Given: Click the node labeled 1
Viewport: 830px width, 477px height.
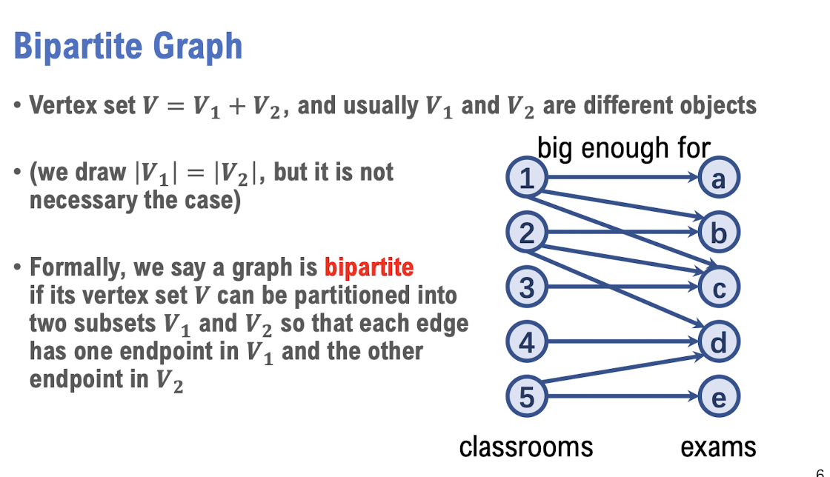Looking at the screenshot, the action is click(x=526, y=177).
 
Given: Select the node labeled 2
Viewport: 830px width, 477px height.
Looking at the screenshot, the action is click(x=526, y=232).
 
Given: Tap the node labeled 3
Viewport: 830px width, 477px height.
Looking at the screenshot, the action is click(x=526, y=287).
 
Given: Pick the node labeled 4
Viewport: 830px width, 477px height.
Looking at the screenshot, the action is click(x=526, y=341).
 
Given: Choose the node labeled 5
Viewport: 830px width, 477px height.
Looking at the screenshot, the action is click(x=526, y=396).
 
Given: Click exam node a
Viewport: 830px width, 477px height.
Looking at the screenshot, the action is click(x=718, y=177).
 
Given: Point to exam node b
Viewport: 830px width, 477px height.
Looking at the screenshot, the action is click(x=718, y=232).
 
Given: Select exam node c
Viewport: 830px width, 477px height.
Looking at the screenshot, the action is click(x=718, y=287).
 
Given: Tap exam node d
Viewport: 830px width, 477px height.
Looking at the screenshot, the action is click(x=718, y=341).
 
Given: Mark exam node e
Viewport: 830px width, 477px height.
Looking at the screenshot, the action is click(x=718, y=396).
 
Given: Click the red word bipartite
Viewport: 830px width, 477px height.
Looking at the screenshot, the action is click(x=369, y=267).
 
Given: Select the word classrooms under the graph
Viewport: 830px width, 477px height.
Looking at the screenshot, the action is click(x=525, y=447).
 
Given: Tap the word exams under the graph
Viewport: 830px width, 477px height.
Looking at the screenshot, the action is click(x=718, y=447).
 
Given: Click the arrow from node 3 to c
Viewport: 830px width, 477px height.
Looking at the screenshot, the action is click(x=623, y=287).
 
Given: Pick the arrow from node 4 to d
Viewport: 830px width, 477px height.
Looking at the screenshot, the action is click(x=623, y=341).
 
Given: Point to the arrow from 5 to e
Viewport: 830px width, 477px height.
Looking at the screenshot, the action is click(x=623, y=396).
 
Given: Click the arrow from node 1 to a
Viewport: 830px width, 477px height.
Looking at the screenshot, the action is click(x=623, y=177).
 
